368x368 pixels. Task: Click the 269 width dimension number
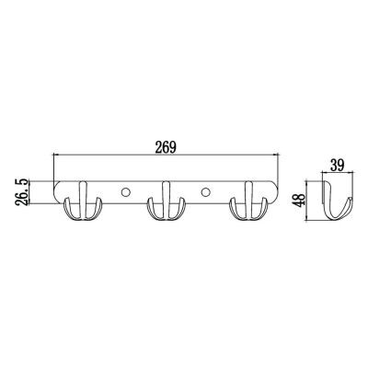[x=166, y=147]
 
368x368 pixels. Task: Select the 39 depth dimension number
[x=338, y=165]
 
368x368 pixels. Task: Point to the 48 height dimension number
[x=301, y=199]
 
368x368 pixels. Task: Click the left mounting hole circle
[x=125, y=192]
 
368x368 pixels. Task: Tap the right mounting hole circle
[x=206, y=192]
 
